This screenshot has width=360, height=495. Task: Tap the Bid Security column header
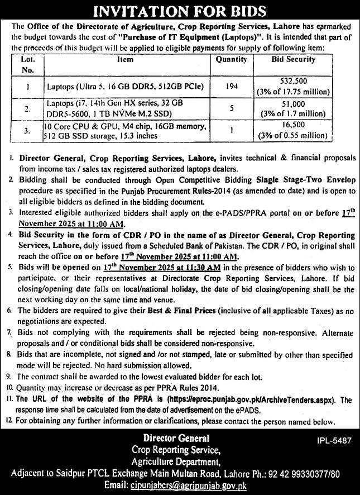coord(293,59)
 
